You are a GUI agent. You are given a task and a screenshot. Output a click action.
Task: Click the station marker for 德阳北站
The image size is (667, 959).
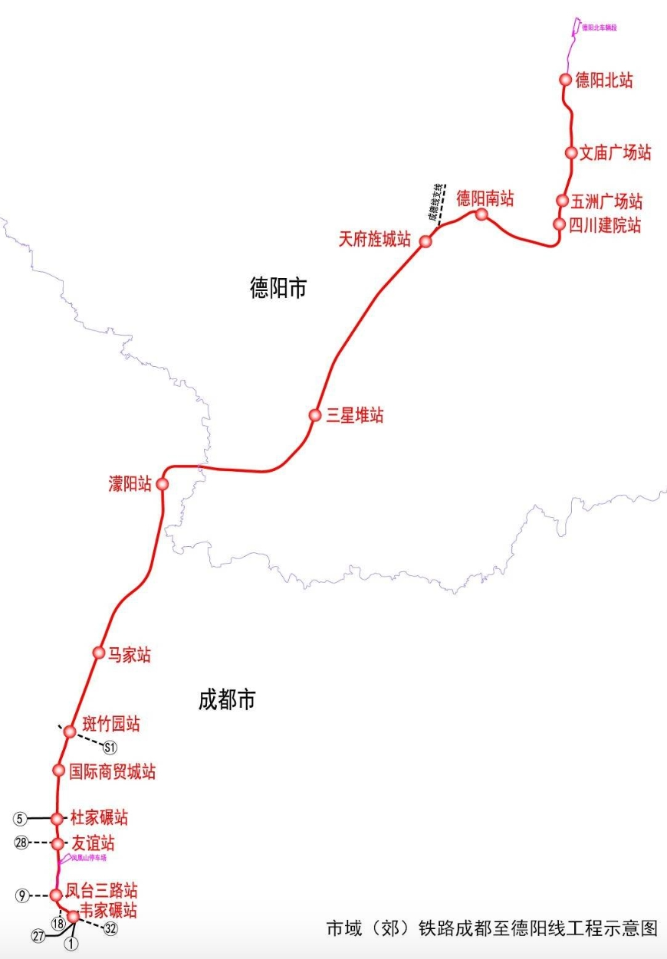[565, 80]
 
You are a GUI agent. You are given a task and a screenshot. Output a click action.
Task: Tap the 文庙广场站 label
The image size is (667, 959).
[615, 152]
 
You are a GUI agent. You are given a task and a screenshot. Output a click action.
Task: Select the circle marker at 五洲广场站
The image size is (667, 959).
[563, 201]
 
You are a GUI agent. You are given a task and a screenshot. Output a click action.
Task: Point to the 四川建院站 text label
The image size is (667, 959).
[606, 225]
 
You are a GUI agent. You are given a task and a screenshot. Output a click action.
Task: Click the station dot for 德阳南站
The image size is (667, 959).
[481, 214]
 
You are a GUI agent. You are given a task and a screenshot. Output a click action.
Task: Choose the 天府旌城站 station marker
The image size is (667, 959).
[426, 241]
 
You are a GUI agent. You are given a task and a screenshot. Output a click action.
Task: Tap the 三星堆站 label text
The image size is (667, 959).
[354, 416]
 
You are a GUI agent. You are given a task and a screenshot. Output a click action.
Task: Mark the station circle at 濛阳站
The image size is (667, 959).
[163, 484]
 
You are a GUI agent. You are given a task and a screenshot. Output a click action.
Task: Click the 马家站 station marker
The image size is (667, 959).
[99, 653]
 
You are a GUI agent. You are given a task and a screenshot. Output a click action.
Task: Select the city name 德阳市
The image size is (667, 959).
[278, 288]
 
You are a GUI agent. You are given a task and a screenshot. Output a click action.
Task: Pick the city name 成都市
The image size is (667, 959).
[226, 700]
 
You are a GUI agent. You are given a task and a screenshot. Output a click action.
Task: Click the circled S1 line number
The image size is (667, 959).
[110, 747]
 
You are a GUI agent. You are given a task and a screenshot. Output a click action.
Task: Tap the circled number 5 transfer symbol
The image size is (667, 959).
[20, 818]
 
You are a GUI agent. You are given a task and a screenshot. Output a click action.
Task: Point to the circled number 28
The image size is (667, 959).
[21, 843]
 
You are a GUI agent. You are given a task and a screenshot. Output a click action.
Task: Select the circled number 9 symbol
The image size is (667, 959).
[21, 895]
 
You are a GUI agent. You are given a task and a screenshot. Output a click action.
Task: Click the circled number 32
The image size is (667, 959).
[111, 929]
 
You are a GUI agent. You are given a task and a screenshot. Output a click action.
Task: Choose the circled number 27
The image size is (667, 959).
[38, 936]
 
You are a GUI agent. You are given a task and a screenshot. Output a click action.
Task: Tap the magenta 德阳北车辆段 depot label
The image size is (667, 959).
[599, 28]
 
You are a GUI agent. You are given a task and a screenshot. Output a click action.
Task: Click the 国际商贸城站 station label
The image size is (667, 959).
[112, 771]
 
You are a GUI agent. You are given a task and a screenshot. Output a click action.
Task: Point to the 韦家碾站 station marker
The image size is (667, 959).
[74, 916]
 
